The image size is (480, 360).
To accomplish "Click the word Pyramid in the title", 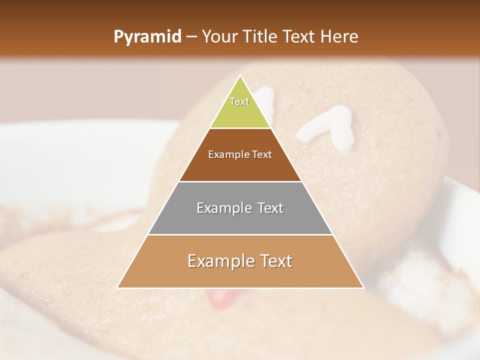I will point(147,37).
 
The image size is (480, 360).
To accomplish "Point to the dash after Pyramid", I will point(191,37).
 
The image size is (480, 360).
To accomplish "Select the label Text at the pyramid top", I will point(239,101).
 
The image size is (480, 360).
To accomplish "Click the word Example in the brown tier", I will point(225,154).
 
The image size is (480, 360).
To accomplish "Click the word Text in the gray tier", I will point(267,208).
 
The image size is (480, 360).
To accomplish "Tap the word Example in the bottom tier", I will point(219,261).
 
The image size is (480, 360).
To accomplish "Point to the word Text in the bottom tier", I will point(275,261).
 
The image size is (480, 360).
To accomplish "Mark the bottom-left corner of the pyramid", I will point(118,287).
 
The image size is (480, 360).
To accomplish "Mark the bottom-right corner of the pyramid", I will point(363,287).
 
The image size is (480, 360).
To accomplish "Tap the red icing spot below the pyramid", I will point(220,298).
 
